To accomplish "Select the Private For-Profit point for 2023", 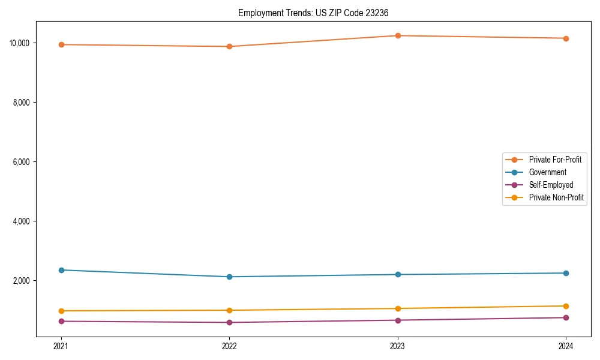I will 398,35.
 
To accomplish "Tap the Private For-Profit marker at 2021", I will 61,44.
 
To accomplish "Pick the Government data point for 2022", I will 229,277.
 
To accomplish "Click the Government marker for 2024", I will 566,273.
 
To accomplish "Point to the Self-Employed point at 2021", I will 61,321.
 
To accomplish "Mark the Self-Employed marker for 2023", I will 398,320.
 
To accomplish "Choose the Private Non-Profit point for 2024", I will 566,306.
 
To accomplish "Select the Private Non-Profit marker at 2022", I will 229,310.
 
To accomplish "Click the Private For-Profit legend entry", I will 554,160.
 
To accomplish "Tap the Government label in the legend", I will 547,172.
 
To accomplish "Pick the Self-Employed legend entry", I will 551,185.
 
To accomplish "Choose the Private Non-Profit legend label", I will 556,197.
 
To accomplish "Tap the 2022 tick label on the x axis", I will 229,346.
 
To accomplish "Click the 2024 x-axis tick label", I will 566,346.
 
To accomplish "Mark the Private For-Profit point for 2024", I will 566,38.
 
